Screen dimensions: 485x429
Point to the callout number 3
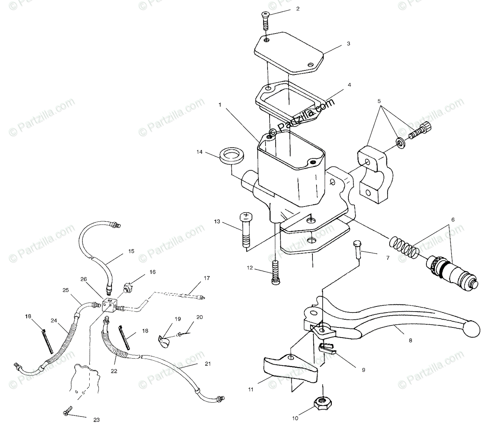348,44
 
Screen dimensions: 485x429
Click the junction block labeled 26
110,304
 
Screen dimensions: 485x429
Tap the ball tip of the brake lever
472,329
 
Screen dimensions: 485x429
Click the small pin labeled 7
357,249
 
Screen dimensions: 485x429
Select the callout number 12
250,268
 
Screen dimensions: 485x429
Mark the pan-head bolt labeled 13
245,229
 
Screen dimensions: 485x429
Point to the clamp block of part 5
375,174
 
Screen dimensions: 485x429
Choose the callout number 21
208,364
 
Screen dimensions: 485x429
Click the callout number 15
131,251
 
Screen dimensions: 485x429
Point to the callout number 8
411,340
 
